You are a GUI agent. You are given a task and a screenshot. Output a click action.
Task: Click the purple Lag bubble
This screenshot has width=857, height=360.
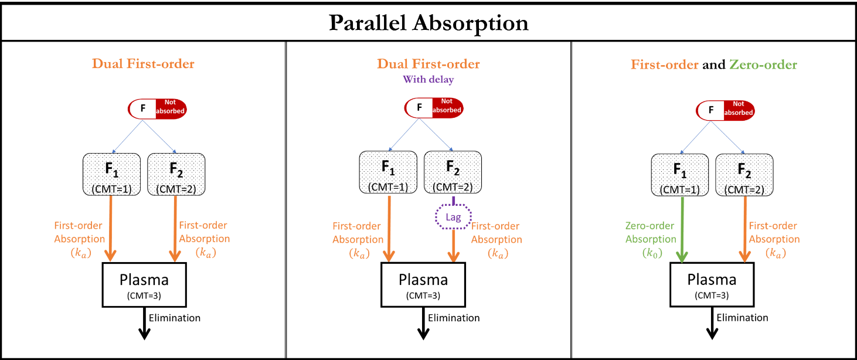click(453, 218)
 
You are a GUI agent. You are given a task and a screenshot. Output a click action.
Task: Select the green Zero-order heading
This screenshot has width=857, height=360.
click(763, 64)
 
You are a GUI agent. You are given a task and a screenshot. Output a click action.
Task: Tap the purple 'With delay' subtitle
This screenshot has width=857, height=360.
click(428, 79)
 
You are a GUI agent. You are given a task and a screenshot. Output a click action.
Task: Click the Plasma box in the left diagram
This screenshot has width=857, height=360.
click(144, 285)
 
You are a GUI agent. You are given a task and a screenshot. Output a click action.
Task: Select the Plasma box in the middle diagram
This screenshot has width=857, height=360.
click(423, 285)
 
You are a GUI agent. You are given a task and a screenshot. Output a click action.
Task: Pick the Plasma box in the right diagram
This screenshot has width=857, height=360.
click(712, 285)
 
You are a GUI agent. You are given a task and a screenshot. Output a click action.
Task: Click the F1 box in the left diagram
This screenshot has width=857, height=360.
click(111, 174)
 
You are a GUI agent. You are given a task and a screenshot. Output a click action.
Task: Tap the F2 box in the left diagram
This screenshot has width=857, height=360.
click(176, 174)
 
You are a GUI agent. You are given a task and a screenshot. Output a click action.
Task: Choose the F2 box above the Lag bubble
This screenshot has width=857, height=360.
click(453, 172)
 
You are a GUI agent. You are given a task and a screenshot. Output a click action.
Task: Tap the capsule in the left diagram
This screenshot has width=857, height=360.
click(157, 109)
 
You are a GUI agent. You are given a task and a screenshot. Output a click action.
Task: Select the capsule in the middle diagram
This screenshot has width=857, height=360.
click(434, 106)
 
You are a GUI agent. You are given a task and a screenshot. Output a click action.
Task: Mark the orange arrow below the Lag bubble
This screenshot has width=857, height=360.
click(453, 246)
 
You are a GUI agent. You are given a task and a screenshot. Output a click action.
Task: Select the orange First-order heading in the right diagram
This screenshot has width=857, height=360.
click(664, 64)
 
